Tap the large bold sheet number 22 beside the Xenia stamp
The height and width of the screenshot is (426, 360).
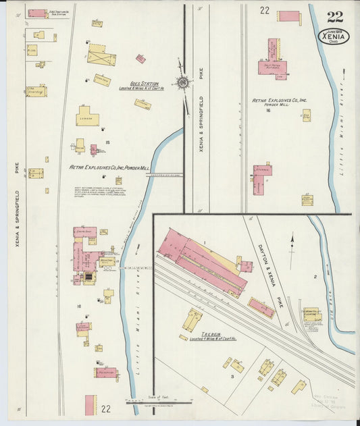pyautogui.click(x=334, y=16)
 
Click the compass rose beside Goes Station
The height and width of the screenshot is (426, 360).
pyautogui.click(x=183, y=82)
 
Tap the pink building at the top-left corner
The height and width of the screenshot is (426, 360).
pyautogui.click(x=37, y=14)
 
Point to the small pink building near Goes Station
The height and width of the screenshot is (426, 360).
pyautogui.click(x=140, y=59)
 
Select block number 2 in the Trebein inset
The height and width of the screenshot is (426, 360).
pyautogui.click(x=315, y=277)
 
